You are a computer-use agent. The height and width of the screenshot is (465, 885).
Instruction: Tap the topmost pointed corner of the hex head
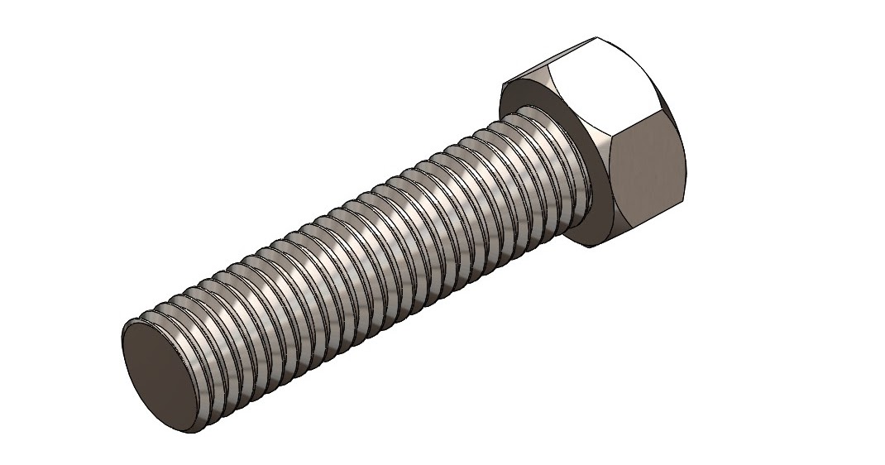(596, 37)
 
